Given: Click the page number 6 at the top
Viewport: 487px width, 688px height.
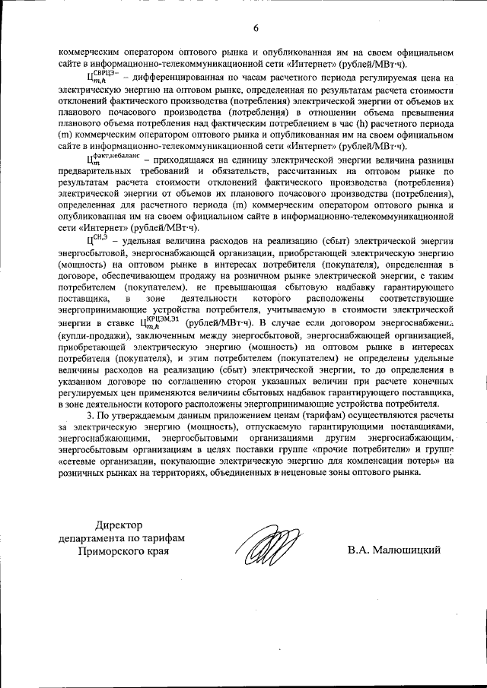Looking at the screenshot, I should pyautogui.click(x=256, y=28).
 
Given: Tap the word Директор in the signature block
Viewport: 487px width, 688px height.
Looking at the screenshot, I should pyautogui.click(x=120, y=525).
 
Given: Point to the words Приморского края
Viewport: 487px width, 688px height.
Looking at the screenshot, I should pyautogui.click(x=121, y=552).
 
